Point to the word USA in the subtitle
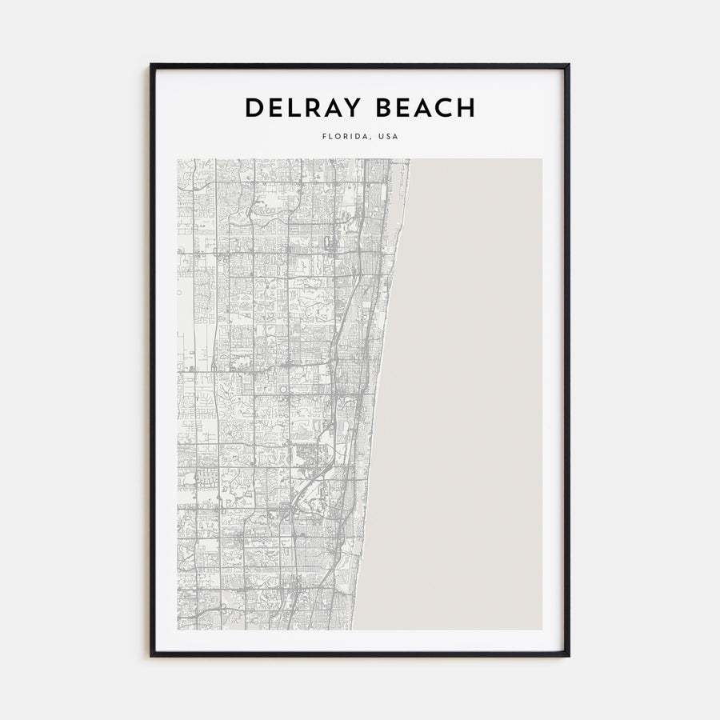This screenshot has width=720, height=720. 387,137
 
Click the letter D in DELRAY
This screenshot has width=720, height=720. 253,108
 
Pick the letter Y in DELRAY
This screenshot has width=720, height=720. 350,108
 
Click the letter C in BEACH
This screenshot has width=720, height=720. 445,108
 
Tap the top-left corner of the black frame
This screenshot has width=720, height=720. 151,65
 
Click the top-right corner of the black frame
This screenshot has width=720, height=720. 569,65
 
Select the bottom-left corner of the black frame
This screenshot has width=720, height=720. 151,656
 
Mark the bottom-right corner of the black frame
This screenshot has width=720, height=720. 569,656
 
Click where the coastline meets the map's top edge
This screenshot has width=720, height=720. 409,159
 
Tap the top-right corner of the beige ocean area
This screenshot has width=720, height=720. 542,159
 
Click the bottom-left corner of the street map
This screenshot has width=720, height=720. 178,630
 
